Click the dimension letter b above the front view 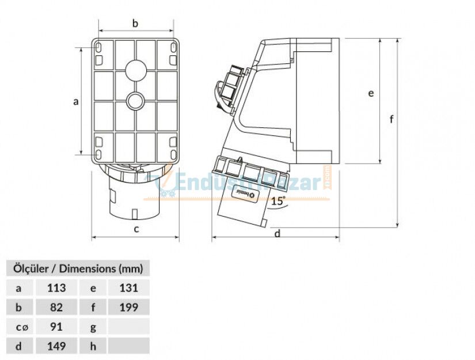tap(136, 24)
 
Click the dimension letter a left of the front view tap(75, 102)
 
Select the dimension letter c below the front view tap(136, 229)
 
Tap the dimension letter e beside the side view tap(371, 93)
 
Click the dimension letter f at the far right tap(392, 119)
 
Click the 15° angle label tap(278, 201)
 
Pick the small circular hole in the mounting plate tap(136, 101)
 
